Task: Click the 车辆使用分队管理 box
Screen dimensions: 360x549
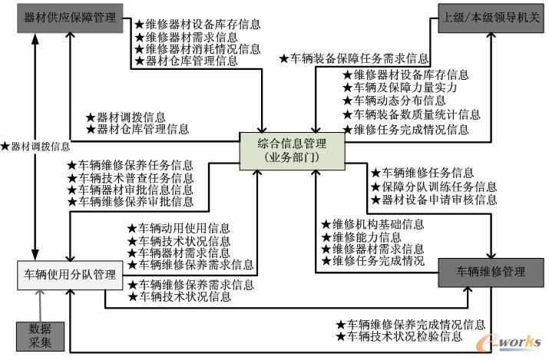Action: coord(69,274)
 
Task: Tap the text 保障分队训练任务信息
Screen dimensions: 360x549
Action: coord(433,186)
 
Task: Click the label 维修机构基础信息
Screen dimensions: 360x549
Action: coord(372,225)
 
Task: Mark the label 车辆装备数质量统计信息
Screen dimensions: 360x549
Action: coord(411,114)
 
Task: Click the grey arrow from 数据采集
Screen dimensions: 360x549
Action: coord(36,306)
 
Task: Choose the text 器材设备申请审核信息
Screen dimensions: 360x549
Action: coord(433,200)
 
